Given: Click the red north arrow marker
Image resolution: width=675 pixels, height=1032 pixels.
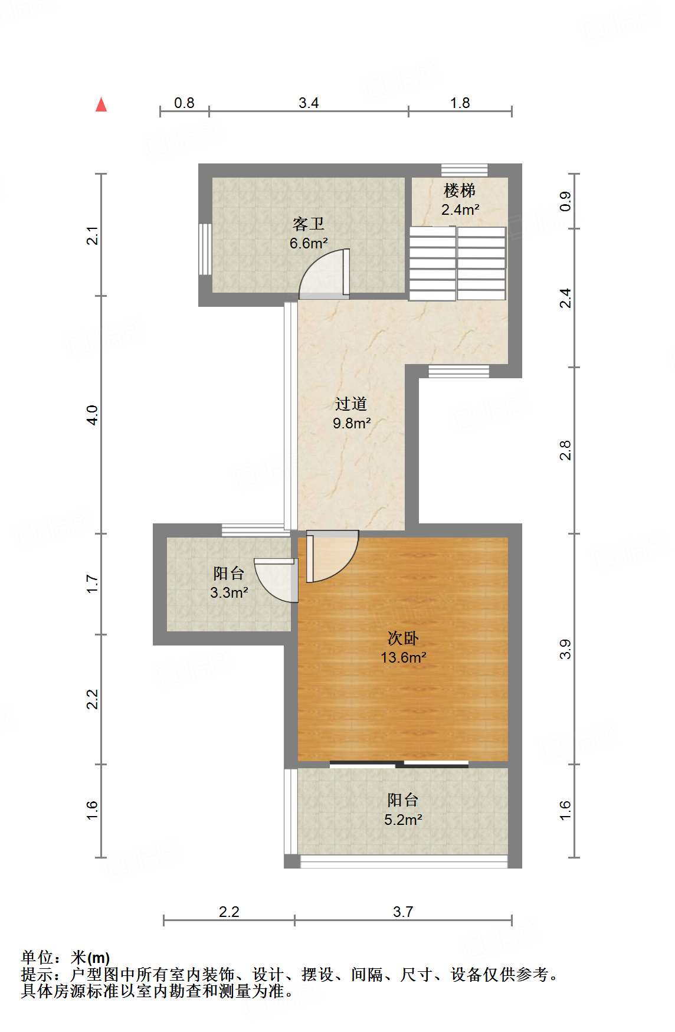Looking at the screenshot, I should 101,105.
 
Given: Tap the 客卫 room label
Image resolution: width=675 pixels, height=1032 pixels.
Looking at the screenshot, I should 308,224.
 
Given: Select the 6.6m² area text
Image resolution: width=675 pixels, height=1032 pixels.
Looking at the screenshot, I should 308,243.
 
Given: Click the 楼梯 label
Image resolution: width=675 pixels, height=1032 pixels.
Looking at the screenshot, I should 460,191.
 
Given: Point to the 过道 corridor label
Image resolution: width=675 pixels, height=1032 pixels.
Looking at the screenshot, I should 351,404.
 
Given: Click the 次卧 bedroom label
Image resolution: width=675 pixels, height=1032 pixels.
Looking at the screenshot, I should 403,638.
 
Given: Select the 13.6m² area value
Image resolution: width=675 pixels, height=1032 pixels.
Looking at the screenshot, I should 403,657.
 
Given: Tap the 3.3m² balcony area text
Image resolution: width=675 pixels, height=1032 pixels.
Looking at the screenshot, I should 228,592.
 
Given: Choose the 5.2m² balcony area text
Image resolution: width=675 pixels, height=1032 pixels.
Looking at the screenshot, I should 403,820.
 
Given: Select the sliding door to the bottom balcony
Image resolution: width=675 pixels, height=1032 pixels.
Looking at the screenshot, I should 399,764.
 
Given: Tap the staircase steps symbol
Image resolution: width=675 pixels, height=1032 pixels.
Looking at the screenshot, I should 457,264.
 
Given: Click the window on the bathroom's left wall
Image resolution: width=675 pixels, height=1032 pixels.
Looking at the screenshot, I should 205,248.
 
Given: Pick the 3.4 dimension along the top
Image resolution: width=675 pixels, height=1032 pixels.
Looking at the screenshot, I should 309,103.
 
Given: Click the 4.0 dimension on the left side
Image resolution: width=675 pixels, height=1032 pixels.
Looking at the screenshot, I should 91,415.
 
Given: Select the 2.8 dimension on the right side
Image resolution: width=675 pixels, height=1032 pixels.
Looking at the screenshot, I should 565,450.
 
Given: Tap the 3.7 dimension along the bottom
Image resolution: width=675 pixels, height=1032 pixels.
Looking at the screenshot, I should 403,912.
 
